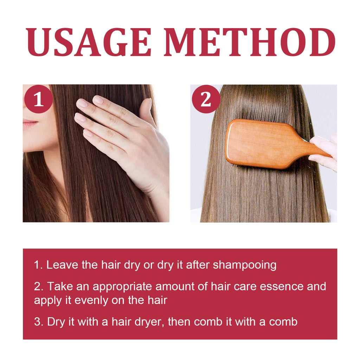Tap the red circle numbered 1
click(x=38, y=99)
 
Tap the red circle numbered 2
click(x=206, y=99)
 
